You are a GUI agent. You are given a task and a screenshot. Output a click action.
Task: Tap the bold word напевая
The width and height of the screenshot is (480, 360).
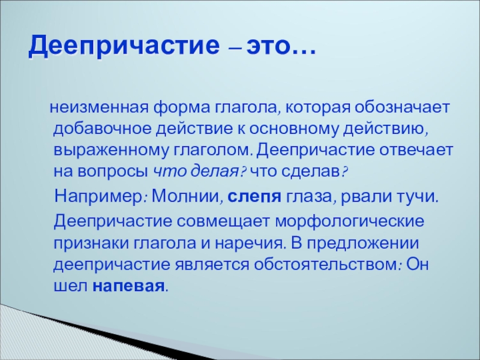point(128,286)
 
